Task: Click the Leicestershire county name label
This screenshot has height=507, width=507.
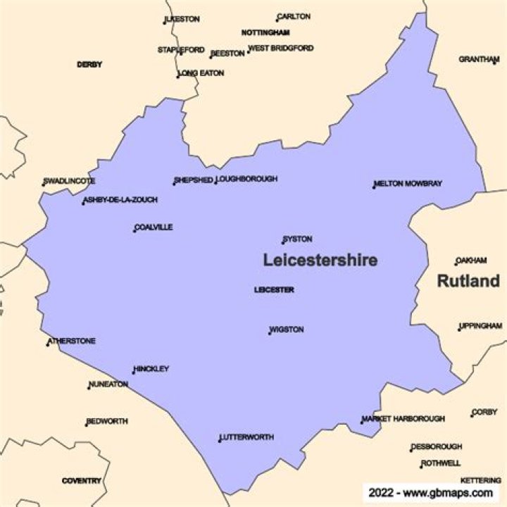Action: pos(320,260)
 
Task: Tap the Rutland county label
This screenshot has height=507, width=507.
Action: pos(468,281)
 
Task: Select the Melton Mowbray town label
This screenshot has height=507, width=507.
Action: pos(408,184)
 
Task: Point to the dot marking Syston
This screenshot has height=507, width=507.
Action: pos(283,243)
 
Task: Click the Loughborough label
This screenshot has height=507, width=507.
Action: pos(247,180)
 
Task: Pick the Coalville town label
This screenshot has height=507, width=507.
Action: pos(154,227)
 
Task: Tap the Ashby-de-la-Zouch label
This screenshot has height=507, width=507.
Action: pos(120,200)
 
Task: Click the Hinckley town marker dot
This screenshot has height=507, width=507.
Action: pos(134,372)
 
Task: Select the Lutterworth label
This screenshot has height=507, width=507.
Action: pos(246,437)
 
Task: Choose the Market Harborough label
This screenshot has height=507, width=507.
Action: pos(404,419)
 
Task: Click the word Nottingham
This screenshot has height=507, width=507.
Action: pos(265,33)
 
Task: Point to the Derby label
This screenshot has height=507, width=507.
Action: pos(89,65)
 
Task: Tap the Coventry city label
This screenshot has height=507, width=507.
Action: pos(82,481)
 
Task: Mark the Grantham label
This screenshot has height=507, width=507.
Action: pos(479,59)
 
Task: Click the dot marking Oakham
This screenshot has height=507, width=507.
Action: pos(456,264)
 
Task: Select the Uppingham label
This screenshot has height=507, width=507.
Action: pos(481,327)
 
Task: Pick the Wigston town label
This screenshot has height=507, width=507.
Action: pos(287,330)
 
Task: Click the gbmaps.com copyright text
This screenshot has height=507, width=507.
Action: pos(430,493)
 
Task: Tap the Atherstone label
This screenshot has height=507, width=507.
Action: pos(72,342)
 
